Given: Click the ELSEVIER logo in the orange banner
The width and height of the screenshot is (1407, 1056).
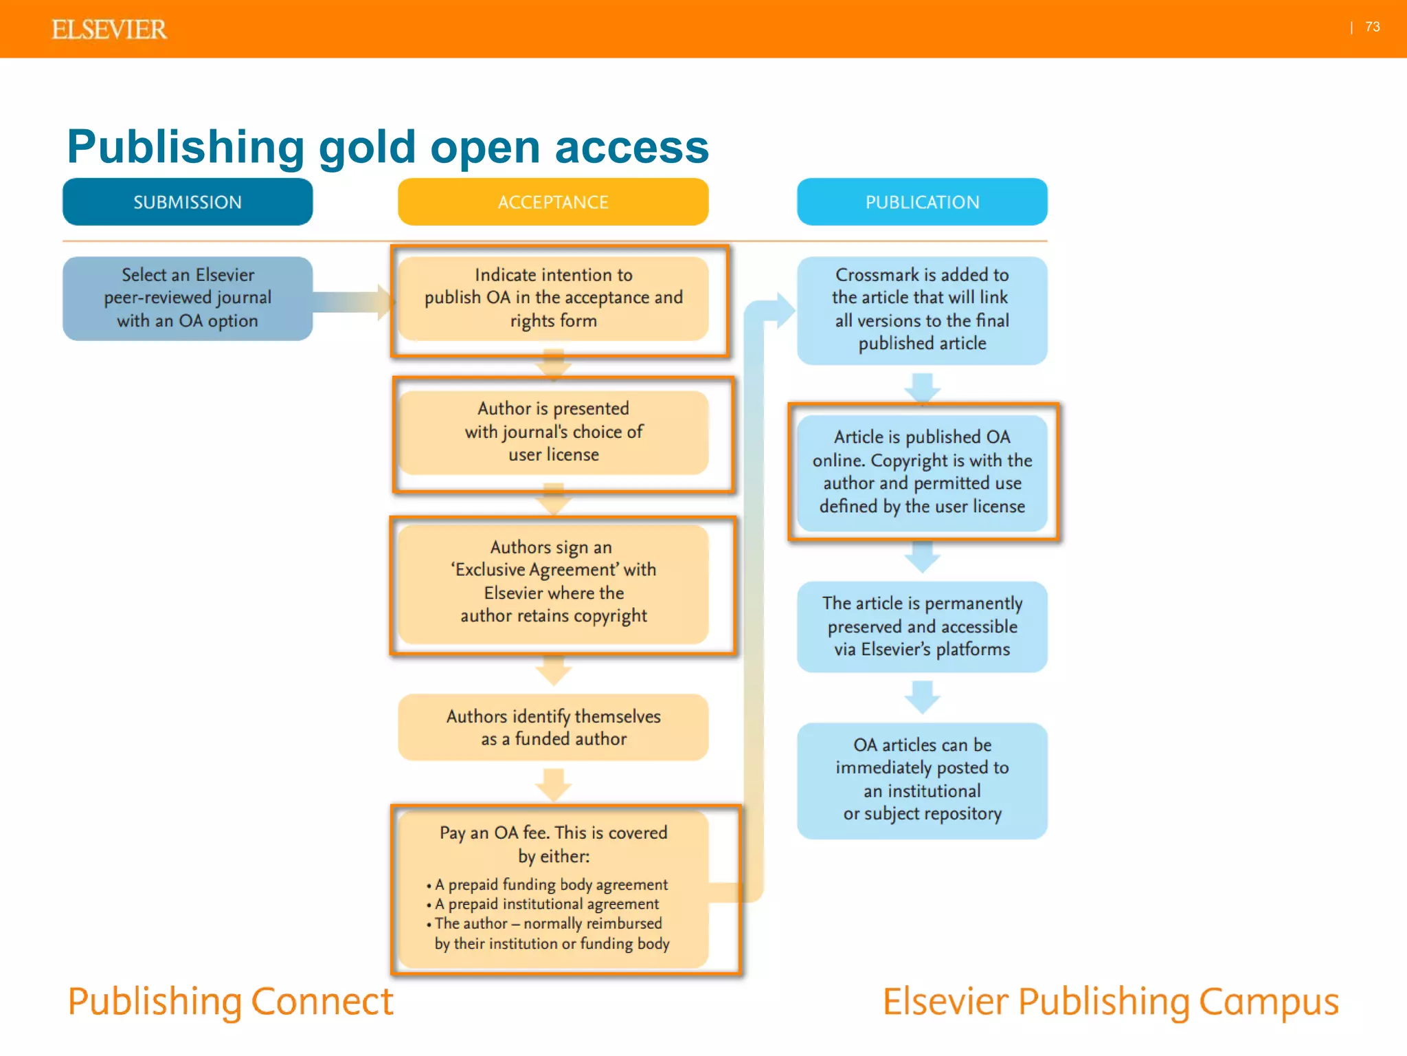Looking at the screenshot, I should coord(109,30).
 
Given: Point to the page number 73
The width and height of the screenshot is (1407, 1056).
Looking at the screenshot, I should coord(1372,27).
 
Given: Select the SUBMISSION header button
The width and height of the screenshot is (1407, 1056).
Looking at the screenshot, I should coord(188,202).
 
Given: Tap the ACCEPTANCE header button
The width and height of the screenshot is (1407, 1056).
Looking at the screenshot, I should coord(553,202).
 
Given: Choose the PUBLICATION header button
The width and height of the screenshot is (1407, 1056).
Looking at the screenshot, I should coord(922,202).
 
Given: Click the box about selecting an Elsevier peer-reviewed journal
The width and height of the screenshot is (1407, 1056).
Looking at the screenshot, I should coord(188,298).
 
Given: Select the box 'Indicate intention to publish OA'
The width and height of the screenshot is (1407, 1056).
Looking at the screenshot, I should coord(553,298).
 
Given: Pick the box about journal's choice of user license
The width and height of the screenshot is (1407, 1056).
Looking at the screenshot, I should coord(553,432).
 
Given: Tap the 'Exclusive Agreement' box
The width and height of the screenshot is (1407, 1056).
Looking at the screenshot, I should coord(553,582).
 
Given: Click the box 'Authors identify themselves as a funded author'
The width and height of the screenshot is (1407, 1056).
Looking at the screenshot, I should coord(553,727).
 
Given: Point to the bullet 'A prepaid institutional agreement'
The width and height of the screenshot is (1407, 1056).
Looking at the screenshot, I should coord(546,904).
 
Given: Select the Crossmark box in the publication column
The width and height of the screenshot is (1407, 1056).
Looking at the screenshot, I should coord(922,309).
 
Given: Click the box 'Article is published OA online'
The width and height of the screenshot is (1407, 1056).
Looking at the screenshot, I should coord(922,472).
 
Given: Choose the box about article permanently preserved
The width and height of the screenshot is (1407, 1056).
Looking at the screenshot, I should coord(922,626).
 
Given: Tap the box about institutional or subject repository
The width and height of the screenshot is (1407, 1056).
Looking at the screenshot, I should coord(922,780).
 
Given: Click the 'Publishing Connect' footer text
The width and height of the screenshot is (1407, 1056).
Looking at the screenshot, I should coord(231,1002).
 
